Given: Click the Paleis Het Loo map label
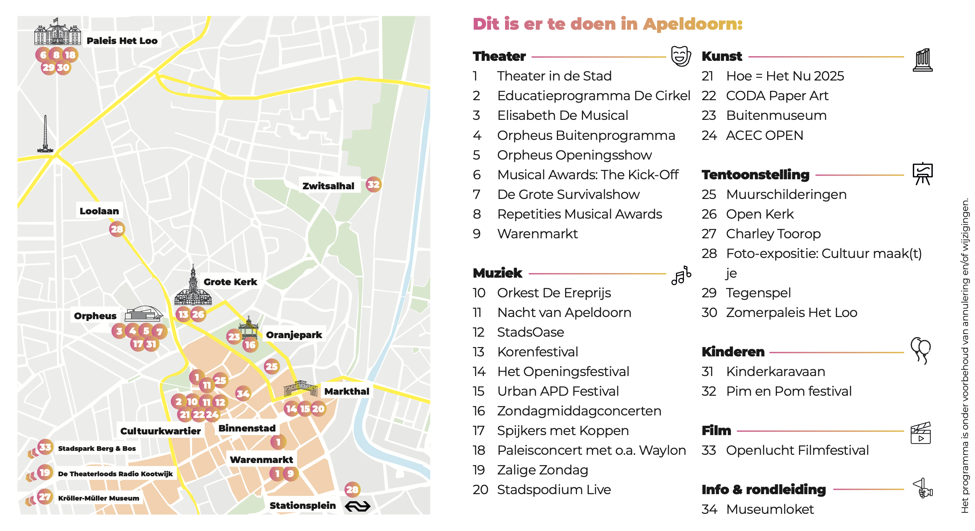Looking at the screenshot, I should point(122,40).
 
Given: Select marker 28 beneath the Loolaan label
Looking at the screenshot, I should point(117,229).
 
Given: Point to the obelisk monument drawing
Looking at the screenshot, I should point(45,135).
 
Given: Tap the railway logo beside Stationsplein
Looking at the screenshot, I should point(357,506).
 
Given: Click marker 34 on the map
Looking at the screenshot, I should point(242,394).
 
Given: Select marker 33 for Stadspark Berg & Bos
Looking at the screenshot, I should point(45,447).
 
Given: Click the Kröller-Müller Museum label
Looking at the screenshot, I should point(98,498).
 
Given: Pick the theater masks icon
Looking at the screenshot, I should point(681,56).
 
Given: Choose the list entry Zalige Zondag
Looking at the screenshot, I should point(542,470).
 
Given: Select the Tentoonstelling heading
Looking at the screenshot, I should point(755,175).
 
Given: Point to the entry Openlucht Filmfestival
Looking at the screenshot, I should point(797,450).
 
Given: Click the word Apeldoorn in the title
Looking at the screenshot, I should point(692,24).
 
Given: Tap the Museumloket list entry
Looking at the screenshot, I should point(769,510).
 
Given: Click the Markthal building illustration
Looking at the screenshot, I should point(300,389).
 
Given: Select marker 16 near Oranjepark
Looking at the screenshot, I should point(250,345).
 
